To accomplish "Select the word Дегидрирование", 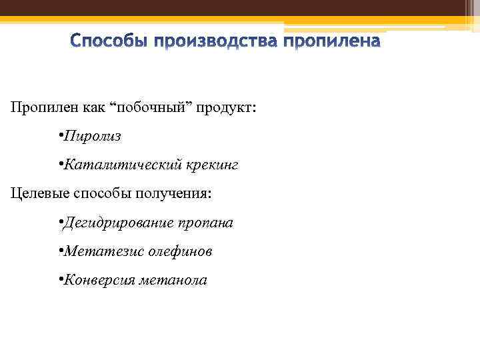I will (x=117, y=223).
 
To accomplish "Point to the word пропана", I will (x=206, y=223).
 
